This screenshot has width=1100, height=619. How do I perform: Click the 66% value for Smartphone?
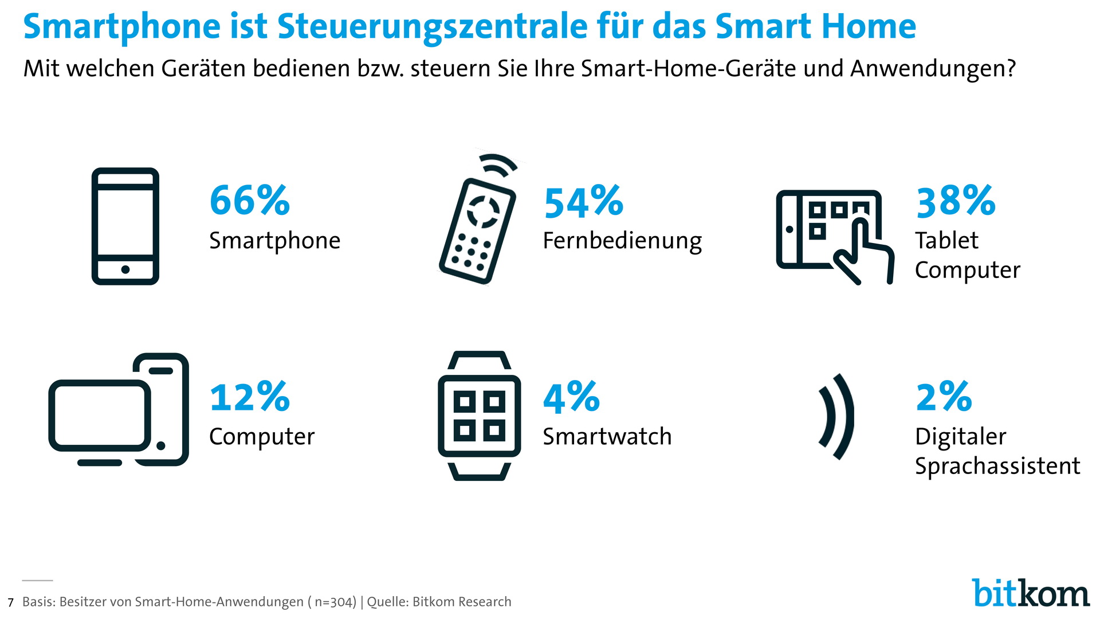point(250,201)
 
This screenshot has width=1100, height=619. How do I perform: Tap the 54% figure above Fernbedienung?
point(583,202)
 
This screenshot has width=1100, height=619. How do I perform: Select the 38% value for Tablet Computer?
point(956,201)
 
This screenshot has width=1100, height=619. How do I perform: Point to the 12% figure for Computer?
point(250,397)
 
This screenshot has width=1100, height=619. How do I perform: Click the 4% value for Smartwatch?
point(571,397)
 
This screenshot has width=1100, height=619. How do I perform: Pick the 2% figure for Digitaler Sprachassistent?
point(944,397)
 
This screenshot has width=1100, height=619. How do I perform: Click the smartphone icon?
point(125,226)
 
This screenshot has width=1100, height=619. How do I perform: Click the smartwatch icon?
point(479,416)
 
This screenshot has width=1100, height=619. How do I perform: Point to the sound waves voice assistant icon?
point(836,417)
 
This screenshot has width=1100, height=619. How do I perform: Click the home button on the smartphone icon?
point(125,269)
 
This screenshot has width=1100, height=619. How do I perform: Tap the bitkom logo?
point(1030,593)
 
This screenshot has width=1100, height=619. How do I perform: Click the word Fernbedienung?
point(622,241)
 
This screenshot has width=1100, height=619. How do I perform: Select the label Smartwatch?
point(607,437)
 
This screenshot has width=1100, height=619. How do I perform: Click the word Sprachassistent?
point(997,466)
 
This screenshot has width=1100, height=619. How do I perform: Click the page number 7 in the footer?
point(10,603)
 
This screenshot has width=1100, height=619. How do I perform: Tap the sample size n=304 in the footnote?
point(335,602)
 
